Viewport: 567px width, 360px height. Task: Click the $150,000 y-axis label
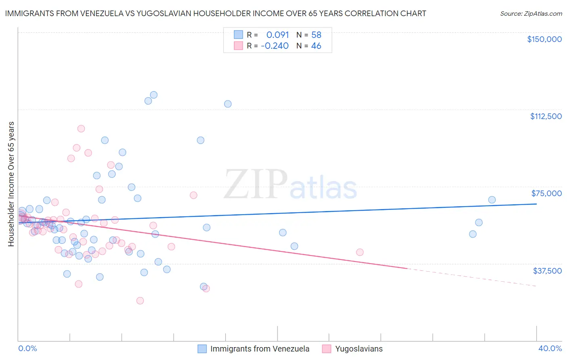pos(544,39)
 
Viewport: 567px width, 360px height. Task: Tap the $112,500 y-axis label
pos(546,116)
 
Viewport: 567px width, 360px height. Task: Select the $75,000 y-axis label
pos(546,193)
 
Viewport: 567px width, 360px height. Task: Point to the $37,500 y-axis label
pos(547,270)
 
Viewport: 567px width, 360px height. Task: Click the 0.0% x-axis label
pos(27,348)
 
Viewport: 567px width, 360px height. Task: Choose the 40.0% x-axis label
pos(550,348)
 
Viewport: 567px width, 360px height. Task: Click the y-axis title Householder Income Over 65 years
pos(11,184)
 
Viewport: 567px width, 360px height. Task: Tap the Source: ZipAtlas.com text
pos(531,14)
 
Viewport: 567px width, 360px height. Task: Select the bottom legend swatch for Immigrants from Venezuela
pos(202,349)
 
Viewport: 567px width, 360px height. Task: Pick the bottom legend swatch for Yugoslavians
pos(327,349)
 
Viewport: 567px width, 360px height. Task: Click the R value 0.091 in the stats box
pos(277,35)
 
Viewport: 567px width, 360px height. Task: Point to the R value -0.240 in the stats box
pos(275,46)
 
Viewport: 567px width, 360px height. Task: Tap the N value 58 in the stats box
pos(316,35)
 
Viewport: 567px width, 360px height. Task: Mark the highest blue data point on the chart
pos(154,95)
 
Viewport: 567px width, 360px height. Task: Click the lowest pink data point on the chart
pos(140,300)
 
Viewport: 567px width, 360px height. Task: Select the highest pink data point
pos(81,129)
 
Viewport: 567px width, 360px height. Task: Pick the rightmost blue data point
pos(492,200)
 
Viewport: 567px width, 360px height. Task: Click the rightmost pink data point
pos(360,252)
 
